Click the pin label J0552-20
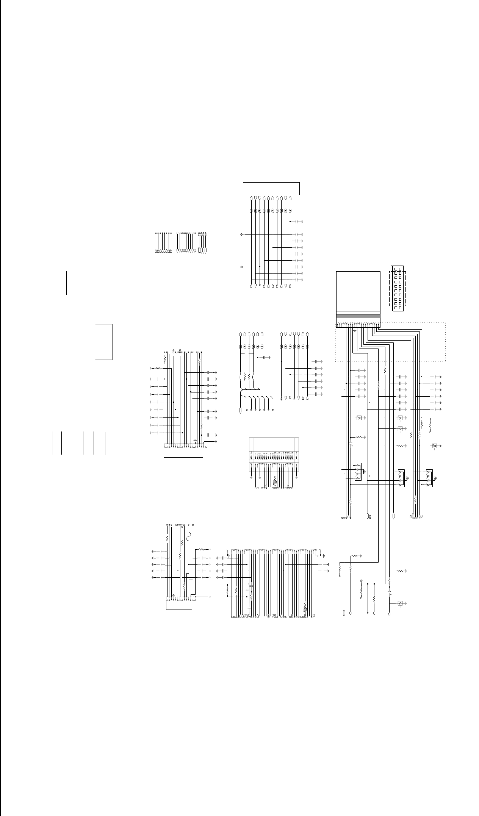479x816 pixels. click(252, 455)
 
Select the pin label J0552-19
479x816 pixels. click(296, 455)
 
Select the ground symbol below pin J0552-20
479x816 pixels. click(252, 477)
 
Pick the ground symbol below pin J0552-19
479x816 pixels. click(296, 477)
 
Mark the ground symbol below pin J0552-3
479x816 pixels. click(259, 477)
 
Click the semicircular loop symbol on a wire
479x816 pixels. click(189, 537)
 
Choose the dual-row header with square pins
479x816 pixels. click(397, 288)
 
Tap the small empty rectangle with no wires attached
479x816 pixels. click(103, 342)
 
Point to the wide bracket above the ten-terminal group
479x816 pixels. click(271, 183)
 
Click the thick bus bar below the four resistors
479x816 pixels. click(250, 390)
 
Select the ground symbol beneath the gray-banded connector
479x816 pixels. click(354, 330)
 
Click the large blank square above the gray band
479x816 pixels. click(358, 292)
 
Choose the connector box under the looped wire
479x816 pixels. click(179, 603)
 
